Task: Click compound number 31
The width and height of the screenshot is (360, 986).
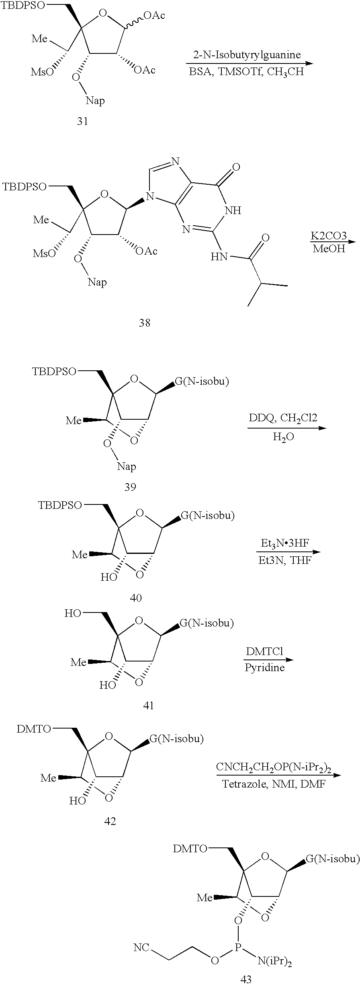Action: pos(82,121)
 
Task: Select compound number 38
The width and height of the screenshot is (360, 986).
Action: pos(145,323)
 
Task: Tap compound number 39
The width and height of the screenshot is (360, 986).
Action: pos(130,487)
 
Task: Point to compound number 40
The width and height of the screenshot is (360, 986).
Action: pos(136,598)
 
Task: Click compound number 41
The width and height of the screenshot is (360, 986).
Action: pos(149,705)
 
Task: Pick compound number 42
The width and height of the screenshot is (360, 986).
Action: pos(110,821)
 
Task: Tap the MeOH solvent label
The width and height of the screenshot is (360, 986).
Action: pos(329,249)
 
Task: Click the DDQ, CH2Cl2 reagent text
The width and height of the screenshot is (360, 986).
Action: pos(283,418)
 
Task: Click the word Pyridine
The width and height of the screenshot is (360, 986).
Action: pos(265,668)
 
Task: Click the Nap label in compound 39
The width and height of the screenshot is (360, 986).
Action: pos(127,466)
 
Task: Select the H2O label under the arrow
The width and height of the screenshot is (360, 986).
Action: pos(283,437)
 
